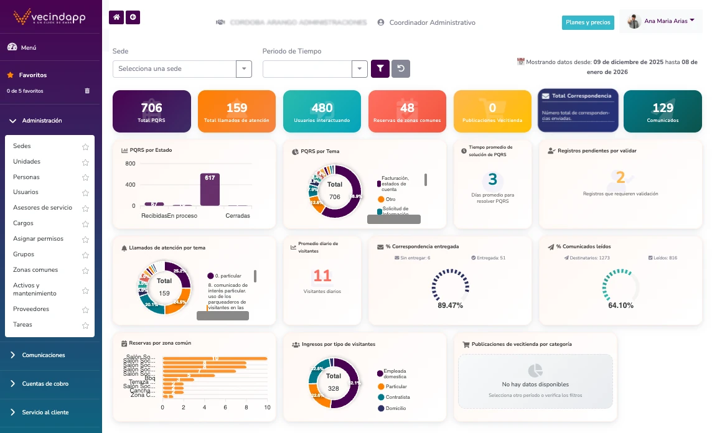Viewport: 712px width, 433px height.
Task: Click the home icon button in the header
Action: point(116,17)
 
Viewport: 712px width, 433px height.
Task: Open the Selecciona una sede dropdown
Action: point(182,69)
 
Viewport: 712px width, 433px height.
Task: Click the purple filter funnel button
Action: point(380,69)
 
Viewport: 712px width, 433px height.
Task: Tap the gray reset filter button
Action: point(401,69)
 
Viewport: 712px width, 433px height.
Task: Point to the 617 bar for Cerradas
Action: point(210,189)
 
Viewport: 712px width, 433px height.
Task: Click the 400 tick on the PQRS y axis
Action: point(130,185)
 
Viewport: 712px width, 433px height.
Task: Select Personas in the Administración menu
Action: point(27,177)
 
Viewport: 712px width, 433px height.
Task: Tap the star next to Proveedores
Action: point(85,309)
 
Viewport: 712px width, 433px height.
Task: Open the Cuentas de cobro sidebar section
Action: point(45,384)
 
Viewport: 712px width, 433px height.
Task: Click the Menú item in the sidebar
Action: point(29,47)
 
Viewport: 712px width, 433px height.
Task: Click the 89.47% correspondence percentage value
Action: point(450,305)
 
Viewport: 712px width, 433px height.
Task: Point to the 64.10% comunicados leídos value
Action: point(621,305)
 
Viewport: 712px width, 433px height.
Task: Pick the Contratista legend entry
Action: point(398,397)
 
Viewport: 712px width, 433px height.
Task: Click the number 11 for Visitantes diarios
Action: point(322,276)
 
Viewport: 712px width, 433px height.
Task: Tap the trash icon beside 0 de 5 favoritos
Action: point(87,91)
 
